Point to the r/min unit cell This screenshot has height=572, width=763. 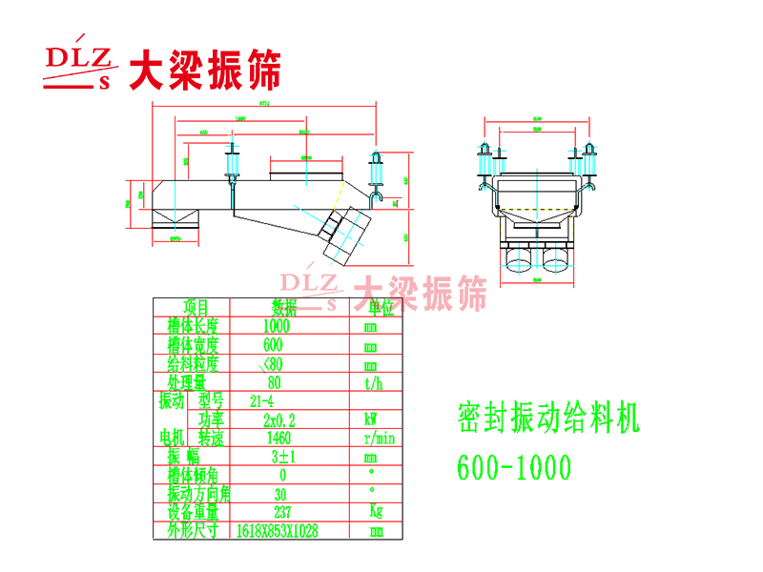tap(379, 438)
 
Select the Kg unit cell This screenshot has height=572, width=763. tap(375, 511)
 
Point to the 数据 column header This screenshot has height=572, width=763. tap(284, 307)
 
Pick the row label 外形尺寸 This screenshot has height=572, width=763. tap(194, 530)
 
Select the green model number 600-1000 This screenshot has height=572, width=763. tap(514, 468)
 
